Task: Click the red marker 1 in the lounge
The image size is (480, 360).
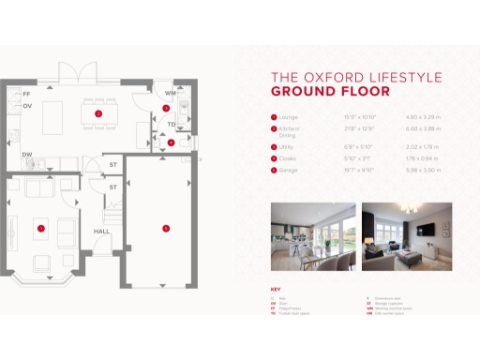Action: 41,227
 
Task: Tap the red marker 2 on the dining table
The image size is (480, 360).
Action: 98,112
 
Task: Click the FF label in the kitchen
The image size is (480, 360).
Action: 26,96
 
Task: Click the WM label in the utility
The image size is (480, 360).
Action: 170,94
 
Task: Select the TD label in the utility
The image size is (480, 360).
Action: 172,124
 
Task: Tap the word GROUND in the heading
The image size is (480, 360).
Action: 298,92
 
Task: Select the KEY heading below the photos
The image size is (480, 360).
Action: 275,289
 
